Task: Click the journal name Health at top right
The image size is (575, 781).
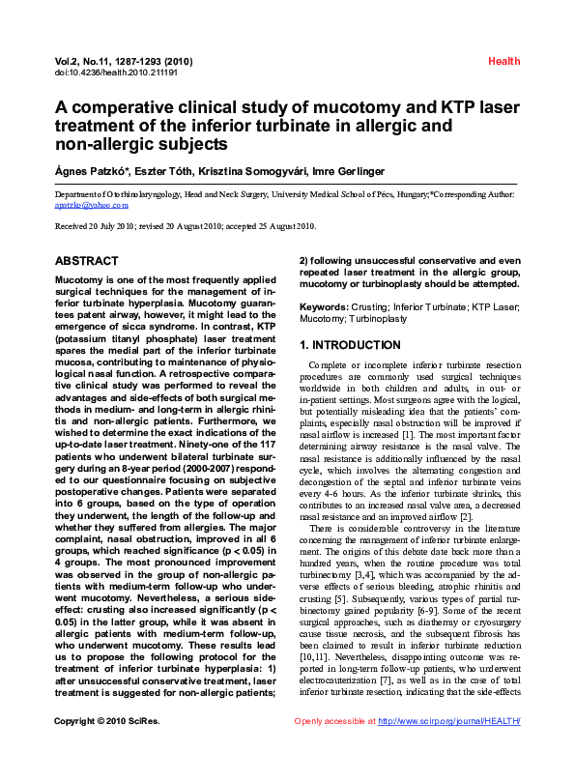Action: (503, 61)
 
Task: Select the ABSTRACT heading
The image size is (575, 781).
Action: (87, 261)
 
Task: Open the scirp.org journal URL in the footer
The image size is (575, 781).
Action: (449, 748)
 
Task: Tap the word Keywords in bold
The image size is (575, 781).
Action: (324, 306)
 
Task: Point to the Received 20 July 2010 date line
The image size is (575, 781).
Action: (186, 226)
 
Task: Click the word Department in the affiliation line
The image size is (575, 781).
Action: (78, 194)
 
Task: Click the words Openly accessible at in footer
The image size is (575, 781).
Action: (334, 748)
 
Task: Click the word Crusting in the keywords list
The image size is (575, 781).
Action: (372, 306)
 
